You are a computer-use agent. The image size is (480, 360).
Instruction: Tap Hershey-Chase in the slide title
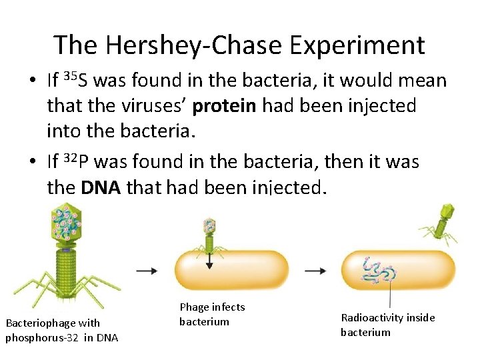190,45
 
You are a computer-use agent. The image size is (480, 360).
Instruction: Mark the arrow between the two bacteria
315,271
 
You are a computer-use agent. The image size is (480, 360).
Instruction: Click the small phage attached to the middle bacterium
209,237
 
